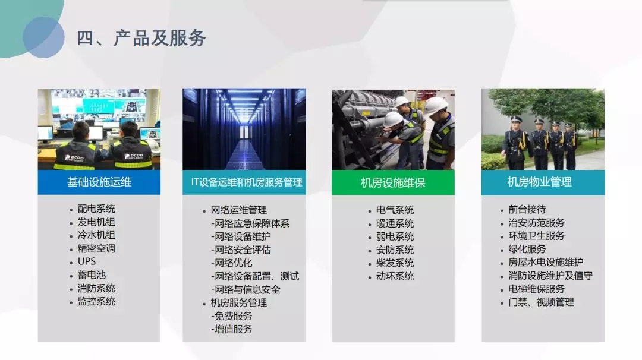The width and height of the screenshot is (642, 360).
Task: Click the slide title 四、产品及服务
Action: pyautogui.click(x=141, y=38)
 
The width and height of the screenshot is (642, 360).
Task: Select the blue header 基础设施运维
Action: pyautogui.click(x=99, y=182)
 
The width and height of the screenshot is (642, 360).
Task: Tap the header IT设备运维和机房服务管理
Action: pyautogui.click(x=247, y=182)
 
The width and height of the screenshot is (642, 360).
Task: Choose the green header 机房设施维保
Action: pyautogui.click(x=393, y=182)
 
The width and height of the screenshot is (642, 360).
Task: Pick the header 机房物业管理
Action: pyautogui.click(x=539, y=182)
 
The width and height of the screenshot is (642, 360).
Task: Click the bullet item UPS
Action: pyautogui.click(x=87, y=261)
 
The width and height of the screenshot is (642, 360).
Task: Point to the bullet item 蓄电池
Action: pyautogui.click(x=92, y=275)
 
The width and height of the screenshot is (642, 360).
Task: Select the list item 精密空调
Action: pyautogui.click(x=97, y=248)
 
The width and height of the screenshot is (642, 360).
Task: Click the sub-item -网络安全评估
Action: pyautogui.click(x=241, y=250)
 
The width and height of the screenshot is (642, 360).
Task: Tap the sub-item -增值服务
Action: pyautogui.click(x=231, y=329)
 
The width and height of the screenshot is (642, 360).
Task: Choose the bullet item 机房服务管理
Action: pyautogui.click(x=239, y=303)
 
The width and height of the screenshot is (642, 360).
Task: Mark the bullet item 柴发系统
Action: pyautogui.click(x=395, y=263)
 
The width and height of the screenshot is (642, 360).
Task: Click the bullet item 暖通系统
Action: pyautogui.click(x=395, y=223)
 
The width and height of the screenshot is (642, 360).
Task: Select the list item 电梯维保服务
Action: pyautogui.click(x=536, y=289)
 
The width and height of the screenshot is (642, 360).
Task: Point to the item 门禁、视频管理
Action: pyautogui.click(x=542, y=302)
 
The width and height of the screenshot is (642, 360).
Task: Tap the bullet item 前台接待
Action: pyautogui.click(x=527, y=210)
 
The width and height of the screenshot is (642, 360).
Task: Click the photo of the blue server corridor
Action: pyautogui.click(x=244, y=130)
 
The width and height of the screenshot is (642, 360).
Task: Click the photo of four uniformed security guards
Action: pyautogui.click(x=543, y=130)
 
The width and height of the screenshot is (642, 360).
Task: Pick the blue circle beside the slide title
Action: pyautogui.click(x=43, y=37)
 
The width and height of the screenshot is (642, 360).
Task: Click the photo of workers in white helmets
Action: pyautogui.click(x=393, y=130)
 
